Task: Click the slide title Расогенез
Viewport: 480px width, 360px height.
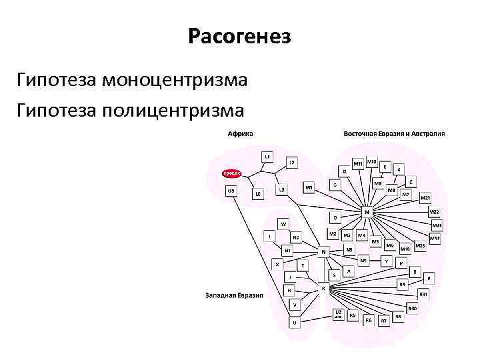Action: pyautogui.click(x=239, y=36)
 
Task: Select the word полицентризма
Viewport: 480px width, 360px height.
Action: pyautogui.click(x=174, y=109)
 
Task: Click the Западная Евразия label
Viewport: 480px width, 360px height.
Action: pyautogui.click(x=234, y=295)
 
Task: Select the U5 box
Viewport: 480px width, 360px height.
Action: pyautogui.click(x=231, y=190)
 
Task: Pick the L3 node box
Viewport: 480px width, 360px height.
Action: pyautogui.click(x=281, y=190)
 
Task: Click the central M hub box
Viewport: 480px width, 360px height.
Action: pyautogui.click(x=366, y=211)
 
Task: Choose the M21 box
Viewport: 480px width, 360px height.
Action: pyautogui.click(x=425, y=198)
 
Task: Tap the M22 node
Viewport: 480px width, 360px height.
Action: pyautogui.click(x=434, y=212)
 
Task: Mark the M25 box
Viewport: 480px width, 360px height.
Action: pyautogui.click(x=420, y=246)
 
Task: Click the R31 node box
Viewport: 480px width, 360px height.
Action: pyautogui.click(x=423, y=294)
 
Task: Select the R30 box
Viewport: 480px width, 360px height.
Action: pyautogui.click(x=413, y=308)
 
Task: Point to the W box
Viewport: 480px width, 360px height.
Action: pyautogui.click(x=283, y=223)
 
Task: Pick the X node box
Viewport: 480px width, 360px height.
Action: pyautogui.click(x=277, y=264)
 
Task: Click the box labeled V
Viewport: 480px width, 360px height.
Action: pyautogui.click(x=294, y=305)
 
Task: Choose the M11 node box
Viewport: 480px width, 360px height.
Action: pyautogui.click(x=358, y=163)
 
